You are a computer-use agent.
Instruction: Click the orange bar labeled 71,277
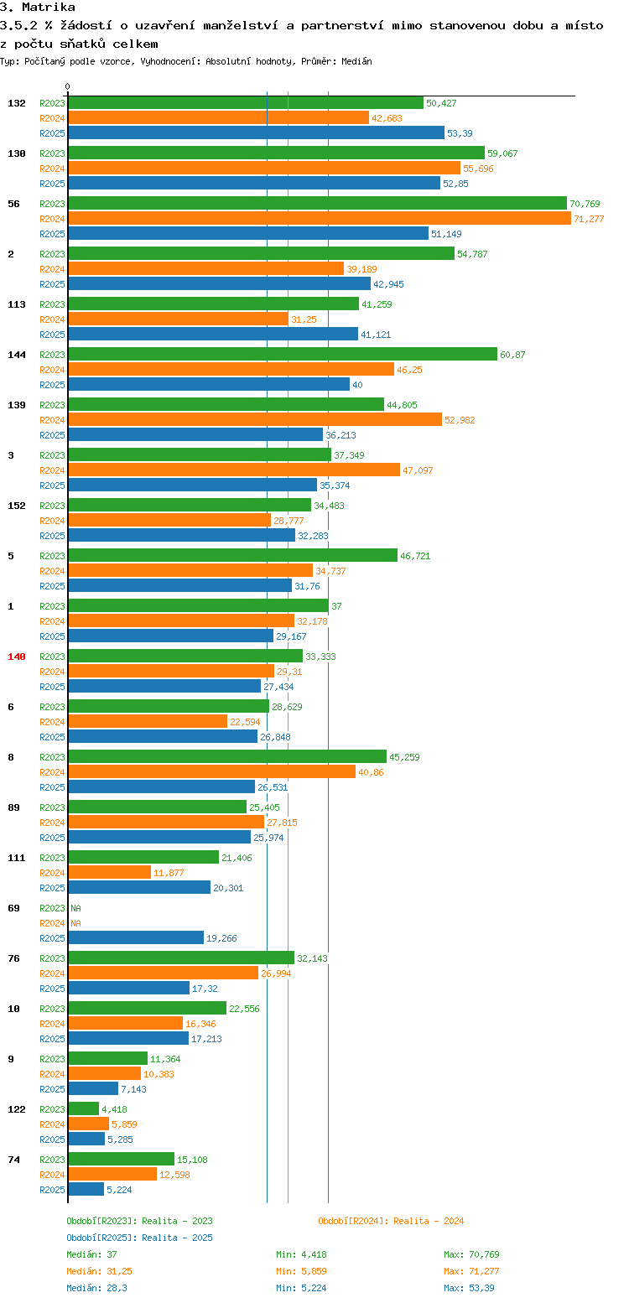[319, 219]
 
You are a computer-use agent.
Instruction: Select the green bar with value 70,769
[317, 204]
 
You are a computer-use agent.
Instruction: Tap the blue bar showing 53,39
[256, 133]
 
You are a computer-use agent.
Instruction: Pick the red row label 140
[17, 657]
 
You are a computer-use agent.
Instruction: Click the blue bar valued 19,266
[136, 938]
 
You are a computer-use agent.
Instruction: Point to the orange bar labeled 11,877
[109, 873]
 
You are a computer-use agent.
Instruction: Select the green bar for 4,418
[83, 1109]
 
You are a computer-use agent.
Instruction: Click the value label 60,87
[512, 355]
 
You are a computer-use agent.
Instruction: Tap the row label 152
[17, 506]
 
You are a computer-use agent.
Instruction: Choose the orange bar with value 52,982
[254, 420]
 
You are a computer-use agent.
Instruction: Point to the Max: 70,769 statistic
[471, 1254]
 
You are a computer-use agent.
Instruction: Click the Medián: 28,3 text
[96, 1288]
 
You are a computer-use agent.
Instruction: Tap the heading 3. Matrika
[38, 8]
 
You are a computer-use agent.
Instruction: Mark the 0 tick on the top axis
[68, 86]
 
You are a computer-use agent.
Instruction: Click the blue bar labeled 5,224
[86, 1190]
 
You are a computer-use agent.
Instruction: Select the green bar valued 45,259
[226, 757]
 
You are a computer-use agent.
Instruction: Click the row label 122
[17, 1109]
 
